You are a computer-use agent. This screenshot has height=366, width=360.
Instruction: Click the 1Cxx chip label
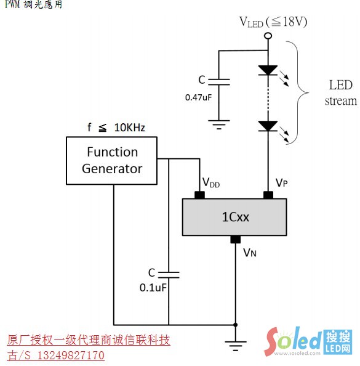[x=235, y=217]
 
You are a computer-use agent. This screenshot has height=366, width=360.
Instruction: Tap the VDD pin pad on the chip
[x=199, y=195]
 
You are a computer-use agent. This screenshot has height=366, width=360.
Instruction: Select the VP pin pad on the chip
[x=268, y=195]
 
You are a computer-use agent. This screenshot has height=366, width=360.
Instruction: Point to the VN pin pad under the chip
[x=236, y=239]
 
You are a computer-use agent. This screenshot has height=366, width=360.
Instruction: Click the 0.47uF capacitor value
[x=198, y=97]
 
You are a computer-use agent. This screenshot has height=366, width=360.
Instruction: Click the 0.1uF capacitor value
[x=153, y=288]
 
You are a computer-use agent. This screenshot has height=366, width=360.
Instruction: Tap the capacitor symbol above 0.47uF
[x=218, y=82]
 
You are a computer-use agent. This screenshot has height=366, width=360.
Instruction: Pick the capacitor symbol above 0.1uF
[x=169, y=275]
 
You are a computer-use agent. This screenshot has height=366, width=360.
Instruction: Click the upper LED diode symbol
[x=268, y=70]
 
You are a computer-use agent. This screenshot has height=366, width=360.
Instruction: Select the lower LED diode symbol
[x=268, y=126]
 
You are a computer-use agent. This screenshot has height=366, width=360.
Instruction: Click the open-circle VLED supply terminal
[x=268, y=36]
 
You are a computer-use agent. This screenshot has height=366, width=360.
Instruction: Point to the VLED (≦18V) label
[x=273, y=22]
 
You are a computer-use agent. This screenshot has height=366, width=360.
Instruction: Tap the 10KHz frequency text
[x=130, y=128]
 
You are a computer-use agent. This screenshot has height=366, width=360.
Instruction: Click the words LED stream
[x=341, y=93]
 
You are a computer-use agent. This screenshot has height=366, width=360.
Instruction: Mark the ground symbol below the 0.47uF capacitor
[x=218, y=124]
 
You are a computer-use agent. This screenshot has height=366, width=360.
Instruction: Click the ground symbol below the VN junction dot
[x=236, y=346]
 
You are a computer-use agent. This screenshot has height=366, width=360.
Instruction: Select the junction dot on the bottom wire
[x=236, y=325]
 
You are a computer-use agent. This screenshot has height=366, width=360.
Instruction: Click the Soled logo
[x=308, y=341]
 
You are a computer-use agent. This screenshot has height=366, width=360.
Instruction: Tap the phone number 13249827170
[x=71, y=356]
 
